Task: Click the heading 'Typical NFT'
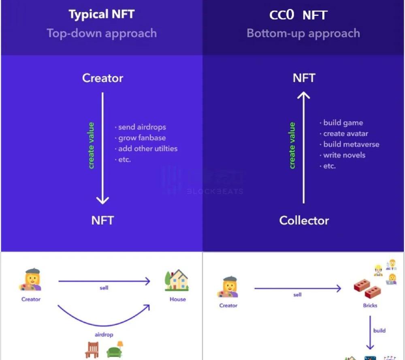[101, 15]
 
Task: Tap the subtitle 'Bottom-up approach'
[303, 33]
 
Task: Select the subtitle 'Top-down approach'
[101, 33]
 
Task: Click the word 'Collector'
[304, 221]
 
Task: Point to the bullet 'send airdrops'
[142, 127]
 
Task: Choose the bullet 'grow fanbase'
[142, 138]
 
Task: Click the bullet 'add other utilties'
[148, 149]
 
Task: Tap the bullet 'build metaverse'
[351, 144]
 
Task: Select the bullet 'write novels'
[344, 155]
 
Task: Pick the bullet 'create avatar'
[345, 133]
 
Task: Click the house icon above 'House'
[177, 281]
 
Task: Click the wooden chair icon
[93, 349]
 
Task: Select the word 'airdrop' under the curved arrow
[104, 335]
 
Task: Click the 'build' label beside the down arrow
[379, 330]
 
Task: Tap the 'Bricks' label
[370, 306]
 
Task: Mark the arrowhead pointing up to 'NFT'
[304, 96]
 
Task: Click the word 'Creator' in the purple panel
[102, 78]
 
